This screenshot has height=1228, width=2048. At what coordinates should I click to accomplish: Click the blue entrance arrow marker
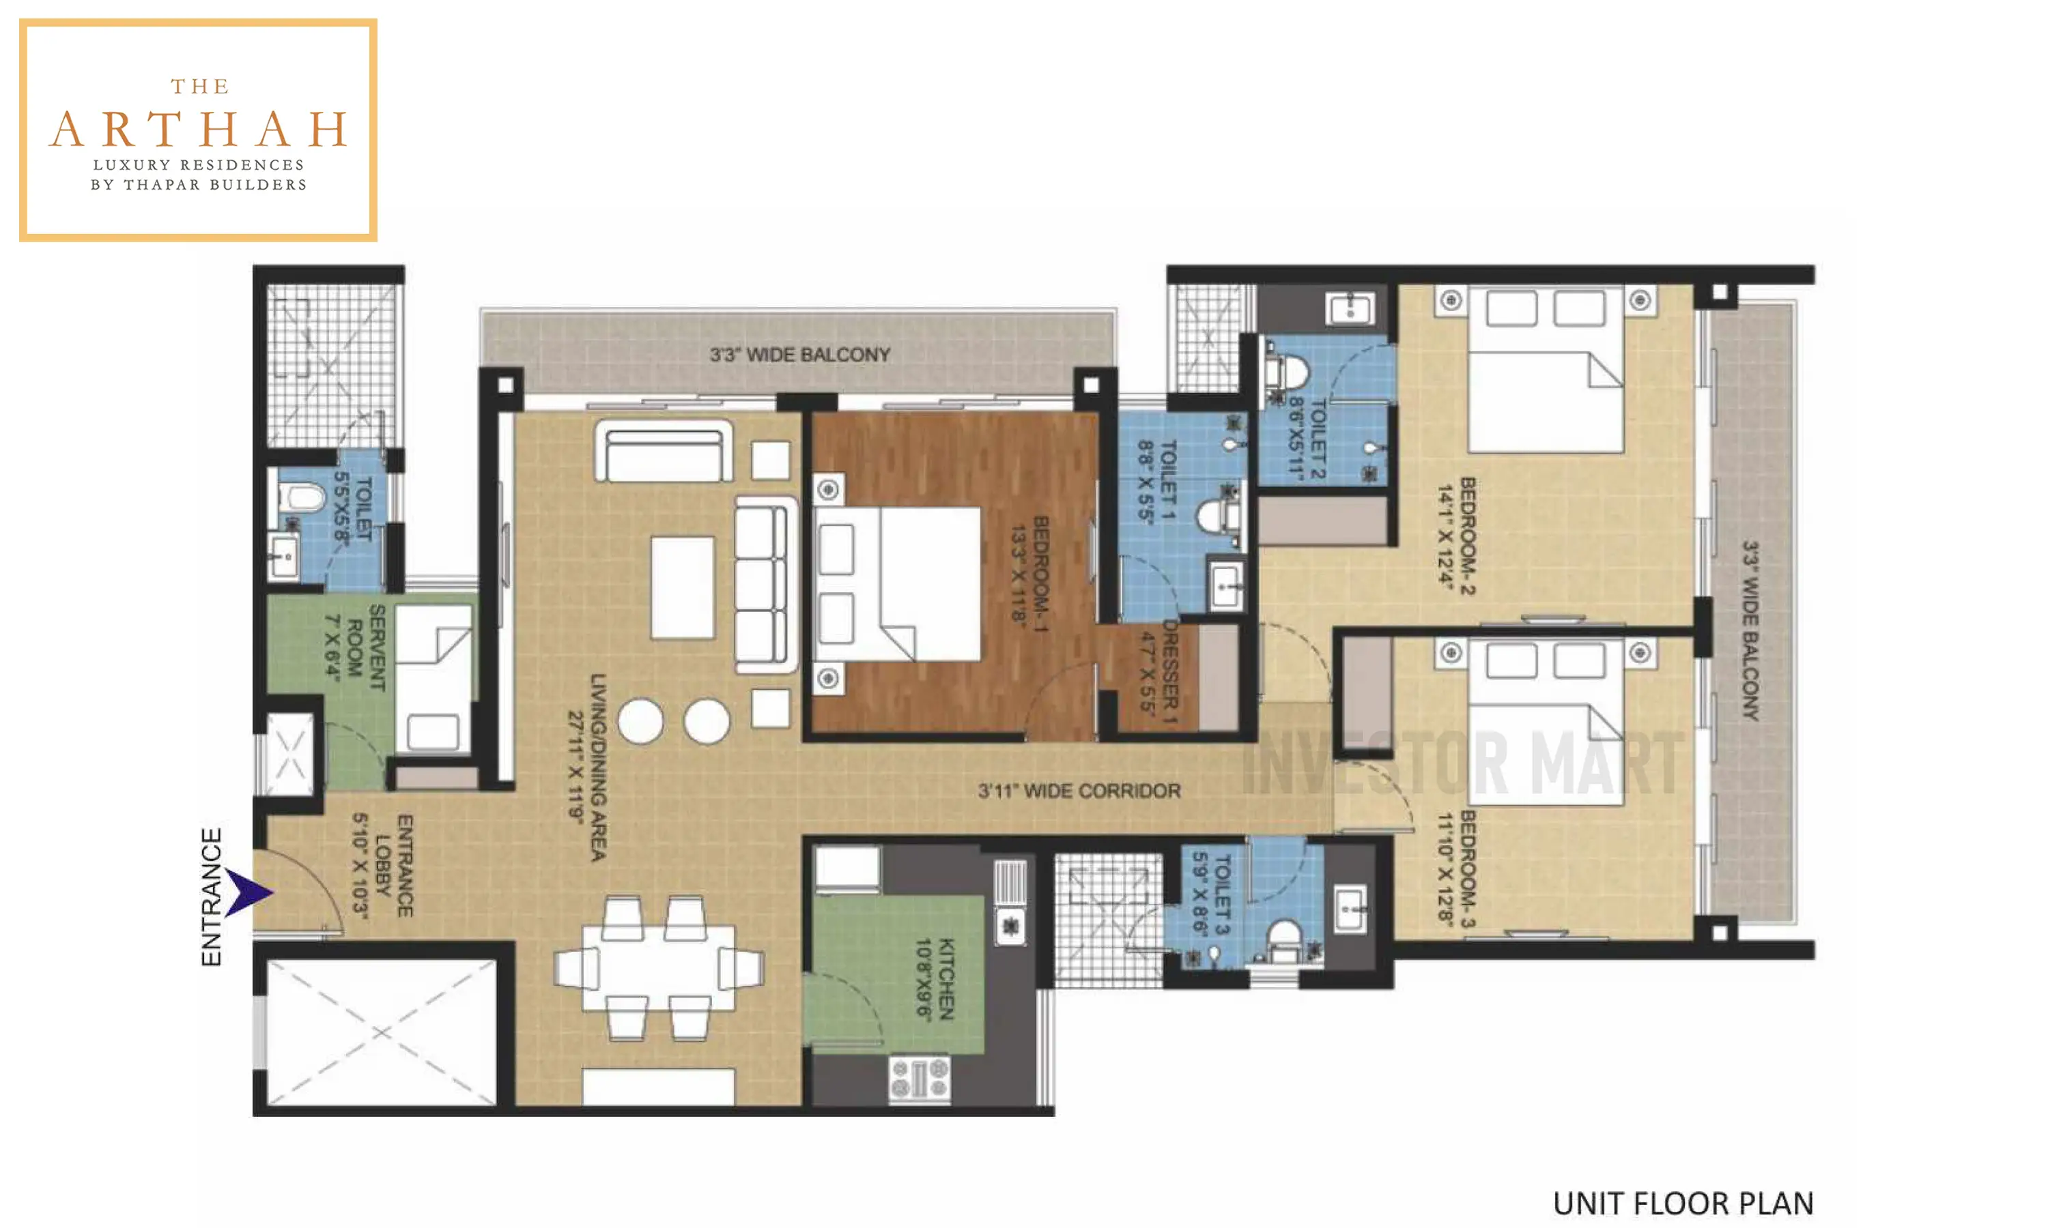pos(246,892)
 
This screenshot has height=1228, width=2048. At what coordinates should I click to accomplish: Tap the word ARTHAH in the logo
pos(199,130)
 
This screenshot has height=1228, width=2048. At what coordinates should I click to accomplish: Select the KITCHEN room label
pos(946,979)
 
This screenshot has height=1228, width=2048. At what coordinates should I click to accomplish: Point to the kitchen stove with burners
pos(919,1078)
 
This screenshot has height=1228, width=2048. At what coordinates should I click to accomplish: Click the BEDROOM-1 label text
pos(1040,574)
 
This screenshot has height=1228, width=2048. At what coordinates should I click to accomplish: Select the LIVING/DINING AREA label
pos(598,767)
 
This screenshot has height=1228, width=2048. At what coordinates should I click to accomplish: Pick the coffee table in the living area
pos(682,587)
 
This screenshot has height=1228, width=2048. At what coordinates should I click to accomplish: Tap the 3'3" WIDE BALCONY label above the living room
pos(799,354)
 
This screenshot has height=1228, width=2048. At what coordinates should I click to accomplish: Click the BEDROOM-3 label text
pos(1468,869)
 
